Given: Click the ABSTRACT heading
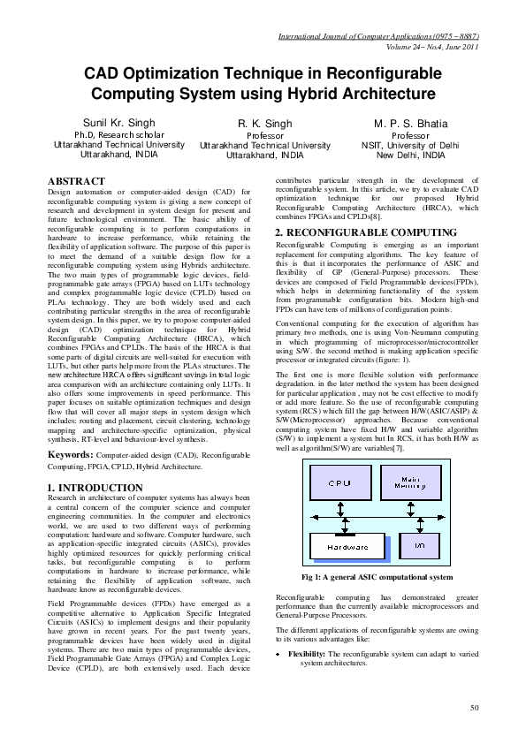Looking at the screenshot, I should pyautogui.click(x=77, y=181).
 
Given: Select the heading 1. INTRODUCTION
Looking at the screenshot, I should pyautogui.click(x=95, y=488).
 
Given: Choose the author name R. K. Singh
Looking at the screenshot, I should pyautogui.click(x=264, y=125).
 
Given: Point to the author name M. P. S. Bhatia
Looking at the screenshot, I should pyautogui.click(x=410, y=123).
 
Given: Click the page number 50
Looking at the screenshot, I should pyautogui.click(x=474, y=708).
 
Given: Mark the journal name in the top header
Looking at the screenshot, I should pyautogui.click(x=378, y=38).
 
